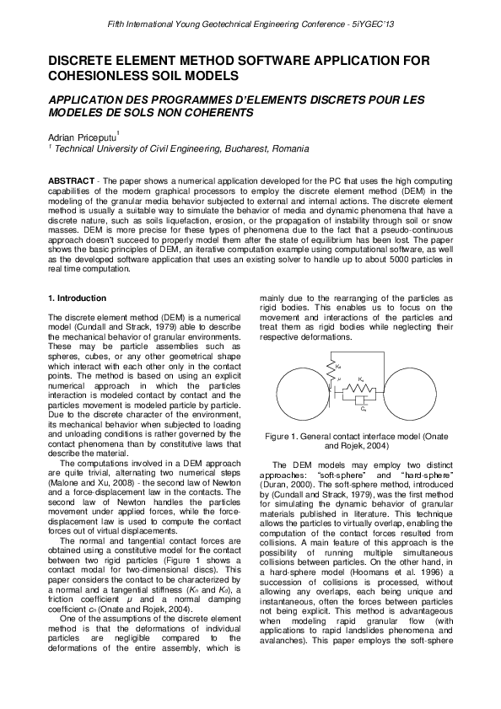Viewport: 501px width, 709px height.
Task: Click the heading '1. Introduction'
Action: [77, 298]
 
